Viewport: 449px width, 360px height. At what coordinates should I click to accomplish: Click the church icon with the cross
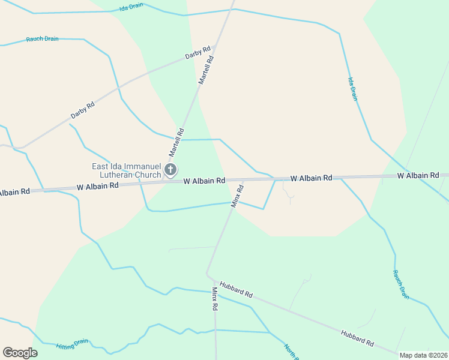170,170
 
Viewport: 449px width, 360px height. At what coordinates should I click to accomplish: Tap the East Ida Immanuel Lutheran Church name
126,170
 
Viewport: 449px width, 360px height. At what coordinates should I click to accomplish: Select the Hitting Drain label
72,344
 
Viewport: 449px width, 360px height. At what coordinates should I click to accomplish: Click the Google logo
20,353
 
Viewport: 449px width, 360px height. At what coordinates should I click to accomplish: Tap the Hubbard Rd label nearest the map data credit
357,338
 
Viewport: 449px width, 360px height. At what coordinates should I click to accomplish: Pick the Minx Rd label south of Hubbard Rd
215,298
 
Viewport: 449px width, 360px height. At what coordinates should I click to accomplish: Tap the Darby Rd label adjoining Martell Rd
198,52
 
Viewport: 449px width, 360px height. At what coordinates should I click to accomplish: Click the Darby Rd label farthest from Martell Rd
83,110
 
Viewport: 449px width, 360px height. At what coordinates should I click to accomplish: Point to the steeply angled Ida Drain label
354,88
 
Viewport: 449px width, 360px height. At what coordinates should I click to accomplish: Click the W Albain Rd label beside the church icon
204,180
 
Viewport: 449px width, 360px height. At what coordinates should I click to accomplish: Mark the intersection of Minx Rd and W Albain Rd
244,179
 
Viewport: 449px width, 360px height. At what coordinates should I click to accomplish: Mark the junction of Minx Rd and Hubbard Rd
208,275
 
